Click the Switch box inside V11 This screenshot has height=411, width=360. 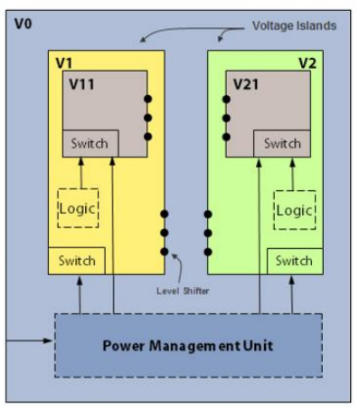(x=88, y=143)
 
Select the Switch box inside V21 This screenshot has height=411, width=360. (x=282, y=143)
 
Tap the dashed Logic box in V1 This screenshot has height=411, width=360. (x=77, y=208)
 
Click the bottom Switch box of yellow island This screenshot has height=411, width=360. (x=77, y=261)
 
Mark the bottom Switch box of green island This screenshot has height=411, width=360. (x=294, y=261)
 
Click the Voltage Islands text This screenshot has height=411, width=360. (x=294, y=25)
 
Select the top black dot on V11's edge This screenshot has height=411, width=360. (x=147, y=98)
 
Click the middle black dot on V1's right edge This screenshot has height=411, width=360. (x=165, y=233)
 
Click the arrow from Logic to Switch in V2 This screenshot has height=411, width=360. (x=294, y=172)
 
